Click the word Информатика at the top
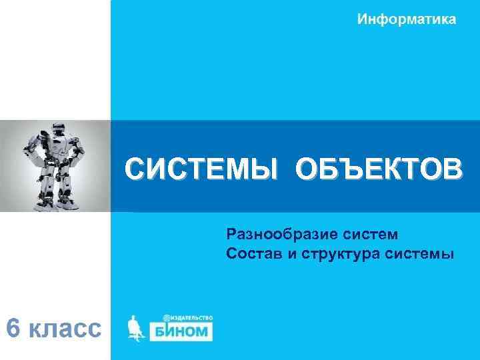coord(407,19)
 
